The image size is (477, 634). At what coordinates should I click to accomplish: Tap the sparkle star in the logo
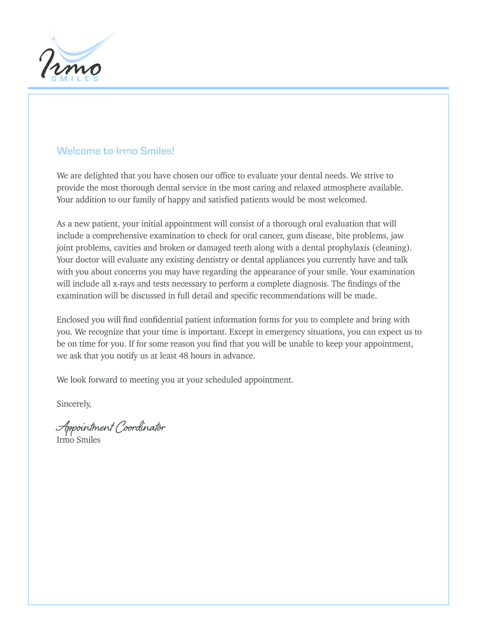pos(53,39)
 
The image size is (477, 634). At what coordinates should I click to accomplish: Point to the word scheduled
pos(220,380)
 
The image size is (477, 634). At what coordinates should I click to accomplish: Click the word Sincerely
pos(74,404)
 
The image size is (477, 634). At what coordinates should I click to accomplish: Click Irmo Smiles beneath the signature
pos(78,440)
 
